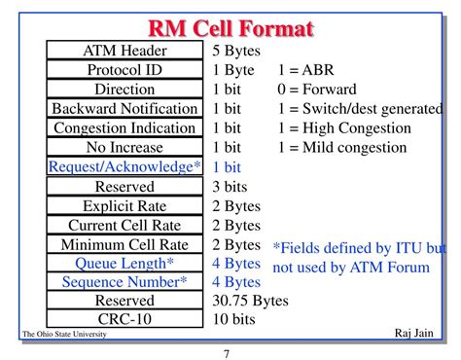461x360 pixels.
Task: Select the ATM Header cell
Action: point(124,51)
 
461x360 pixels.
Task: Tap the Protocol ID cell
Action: point(124,70)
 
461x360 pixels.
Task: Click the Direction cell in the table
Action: point(124,89)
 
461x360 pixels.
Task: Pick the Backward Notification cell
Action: point(124,108)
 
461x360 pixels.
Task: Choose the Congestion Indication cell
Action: point(124,127)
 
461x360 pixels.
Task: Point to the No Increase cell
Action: point(124,147)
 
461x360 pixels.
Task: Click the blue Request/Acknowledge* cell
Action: point(124,166)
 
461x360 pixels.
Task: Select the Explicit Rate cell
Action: point(124,206)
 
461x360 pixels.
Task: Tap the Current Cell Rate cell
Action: point(124,226)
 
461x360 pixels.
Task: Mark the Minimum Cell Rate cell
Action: point(124,245)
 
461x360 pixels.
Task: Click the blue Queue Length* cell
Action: point(124,264)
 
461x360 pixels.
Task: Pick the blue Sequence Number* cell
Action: point(124,282)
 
